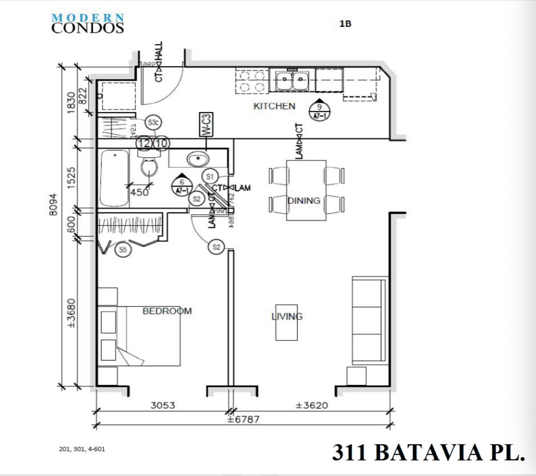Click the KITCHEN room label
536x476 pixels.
274,106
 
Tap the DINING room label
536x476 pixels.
304,200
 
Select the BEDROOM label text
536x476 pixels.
167,311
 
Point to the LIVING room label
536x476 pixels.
287,316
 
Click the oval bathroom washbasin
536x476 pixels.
197,159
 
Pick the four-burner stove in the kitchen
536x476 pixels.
251,81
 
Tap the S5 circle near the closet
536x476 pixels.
123,250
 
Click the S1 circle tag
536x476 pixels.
210,176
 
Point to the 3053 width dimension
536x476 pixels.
162,405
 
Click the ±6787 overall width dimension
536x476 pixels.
243,420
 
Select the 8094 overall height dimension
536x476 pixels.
54,205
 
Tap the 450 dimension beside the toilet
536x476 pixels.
139,192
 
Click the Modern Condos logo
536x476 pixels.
88,23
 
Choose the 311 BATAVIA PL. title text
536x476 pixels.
429,452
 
